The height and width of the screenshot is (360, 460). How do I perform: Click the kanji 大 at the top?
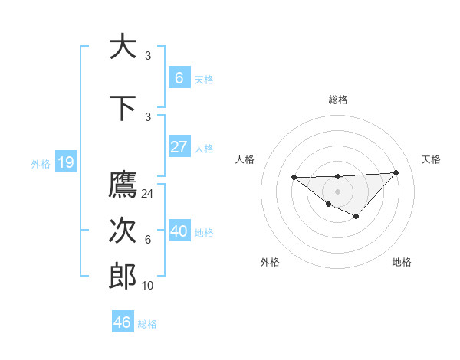tap(123, 47)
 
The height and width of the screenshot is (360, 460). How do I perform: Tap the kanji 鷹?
tap(123, 185)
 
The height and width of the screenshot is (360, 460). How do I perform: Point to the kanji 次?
tap(123, 231)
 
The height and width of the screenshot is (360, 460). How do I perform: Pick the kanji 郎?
tap(123, 277)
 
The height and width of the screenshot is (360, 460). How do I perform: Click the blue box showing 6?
tap(179, 78)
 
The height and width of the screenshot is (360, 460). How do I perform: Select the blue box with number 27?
tap(179, 147)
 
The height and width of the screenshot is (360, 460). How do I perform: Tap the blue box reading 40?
tap(179, 231)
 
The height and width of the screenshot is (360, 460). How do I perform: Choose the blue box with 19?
tap(65, 162)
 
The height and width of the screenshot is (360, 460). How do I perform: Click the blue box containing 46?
tap(123, 322)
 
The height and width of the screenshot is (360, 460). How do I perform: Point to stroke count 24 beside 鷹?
tap(148, 194)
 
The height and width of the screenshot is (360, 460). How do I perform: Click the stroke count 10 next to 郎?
tap(148, 286)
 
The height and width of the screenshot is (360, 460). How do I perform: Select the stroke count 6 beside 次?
tap(148, 240)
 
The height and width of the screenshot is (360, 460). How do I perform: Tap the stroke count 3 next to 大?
tap(148, 56)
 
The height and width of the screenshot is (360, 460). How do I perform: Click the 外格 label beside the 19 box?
tap(41, 163)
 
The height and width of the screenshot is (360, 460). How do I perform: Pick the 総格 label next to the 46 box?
tap(147, 324)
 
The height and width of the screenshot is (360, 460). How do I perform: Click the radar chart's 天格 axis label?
tap(432, 159)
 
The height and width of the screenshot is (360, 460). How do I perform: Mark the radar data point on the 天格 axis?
tap(396, 172)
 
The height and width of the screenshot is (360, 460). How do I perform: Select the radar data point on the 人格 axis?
tap(294, 177)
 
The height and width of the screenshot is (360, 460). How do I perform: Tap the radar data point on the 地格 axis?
tap(356, 218)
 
